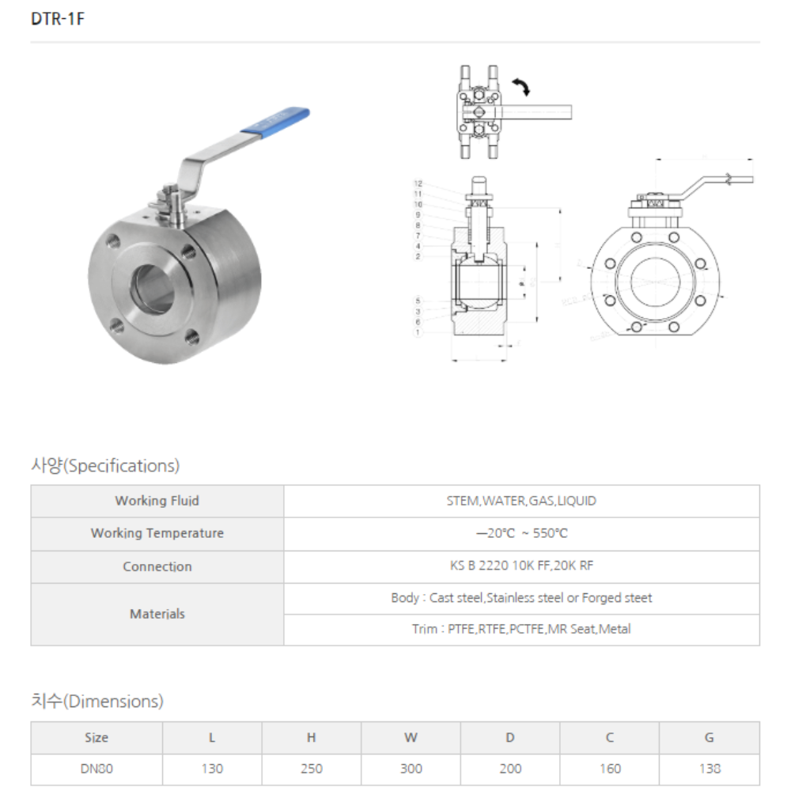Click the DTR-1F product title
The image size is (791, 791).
(x=58, y=20)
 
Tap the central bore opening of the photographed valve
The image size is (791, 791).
(x=153, y=287)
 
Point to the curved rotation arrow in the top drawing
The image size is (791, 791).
(x=520, y=86)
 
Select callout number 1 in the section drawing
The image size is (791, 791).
(x=418, y=332)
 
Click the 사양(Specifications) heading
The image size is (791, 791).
(x=105, y=465)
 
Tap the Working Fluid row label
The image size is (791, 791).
(x=157, y=501)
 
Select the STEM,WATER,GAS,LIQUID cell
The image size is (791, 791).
(x=521, y=501)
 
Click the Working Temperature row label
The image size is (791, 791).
(x=157, y=533)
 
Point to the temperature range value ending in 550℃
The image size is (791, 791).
(x=521, y=533)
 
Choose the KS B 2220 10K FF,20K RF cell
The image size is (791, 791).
(x=521, y=566)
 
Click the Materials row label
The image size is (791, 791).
(x=157, y=614)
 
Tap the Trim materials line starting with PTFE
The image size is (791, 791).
(x=521, y=630)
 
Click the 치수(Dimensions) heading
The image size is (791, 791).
(x=97, y=701)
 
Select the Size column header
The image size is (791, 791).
(x=97, y=737)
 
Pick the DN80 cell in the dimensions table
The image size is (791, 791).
(x=97, y=768)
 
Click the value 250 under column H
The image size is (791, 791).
(x=312, y=768)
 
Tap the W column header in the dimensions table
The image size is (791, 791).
(x=411, y=737)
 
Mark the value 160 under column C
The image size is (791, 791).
(x=610, y=768)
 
